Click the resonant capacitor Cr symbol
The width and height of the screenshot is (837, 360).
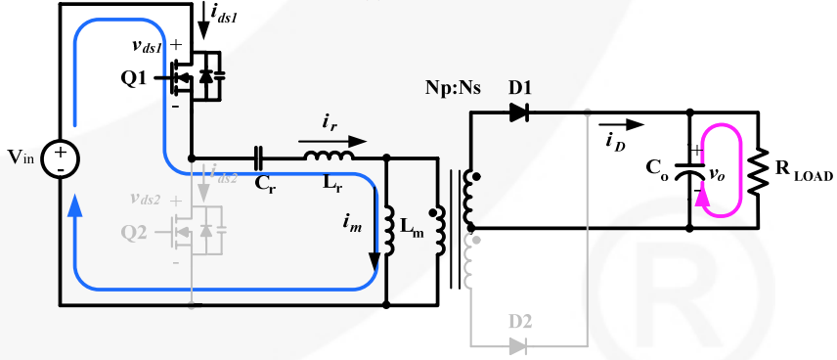(258, 157)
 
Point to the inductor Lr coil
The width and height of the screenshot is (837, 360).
(328, 157)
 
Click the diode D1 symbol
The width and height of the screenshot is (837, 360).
(518, 112)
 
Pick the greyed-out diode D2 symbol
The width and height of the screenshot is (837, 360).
(518, 345)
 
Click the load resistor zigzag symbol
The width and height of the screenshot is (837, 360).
(759, 170)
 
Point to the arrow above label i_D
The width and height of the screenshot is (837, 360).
(635, 125)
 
